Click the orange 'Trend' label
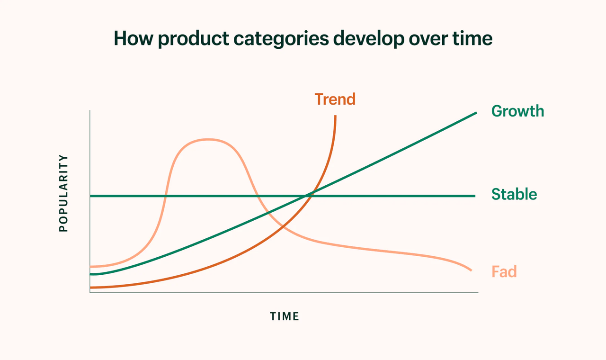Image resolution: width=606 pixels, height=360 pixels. tap(335, 99)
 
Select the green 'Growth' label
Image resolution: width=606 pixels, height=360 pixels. tap(517, 111)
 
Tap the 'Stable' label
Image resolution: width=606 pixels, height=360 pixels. tap(514, 194)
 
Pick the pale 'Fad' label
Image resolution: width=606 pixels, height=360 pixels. tap(504, 272)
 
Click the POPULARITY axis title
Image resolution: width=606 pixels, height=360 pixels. tap(63, 193)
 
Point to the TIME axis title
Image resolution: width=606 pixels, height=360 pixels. tap(285, 316)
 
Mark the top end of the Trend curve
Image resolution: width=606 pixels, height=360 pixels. tap(335, 116)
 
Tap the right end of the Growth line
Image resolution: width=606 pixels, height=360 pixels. tap(476, 113)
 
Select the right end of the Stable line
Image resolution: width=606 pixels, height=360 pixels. tap(475, 196)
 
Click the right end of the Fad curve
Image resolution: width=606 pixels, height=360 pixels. tap(471, 270)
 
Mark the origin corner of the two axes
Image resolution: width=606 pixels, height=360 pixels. tap(90, 292)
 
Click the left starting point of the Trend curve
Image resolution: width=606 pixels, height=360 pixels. tap(91, 287)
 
